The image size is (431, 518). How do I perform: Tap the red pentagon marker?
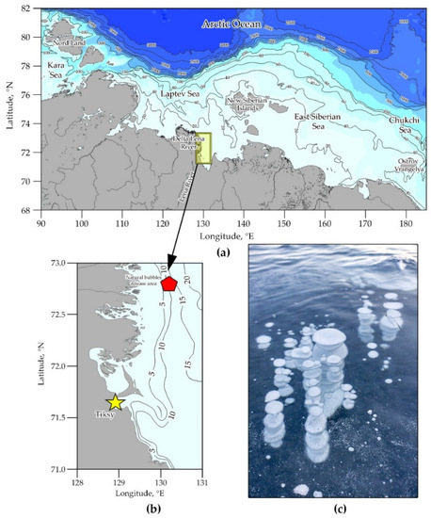169,283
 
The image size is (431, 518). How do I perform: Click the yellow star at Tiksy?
115,402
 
